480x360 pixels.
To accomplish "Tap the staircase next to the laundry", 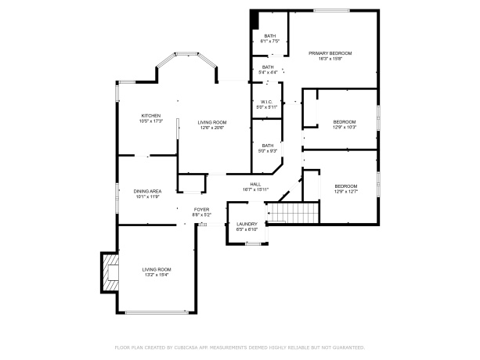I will (294, 212).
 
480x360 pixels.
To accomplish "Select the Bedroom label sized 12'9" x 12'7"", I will (345, 189).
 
